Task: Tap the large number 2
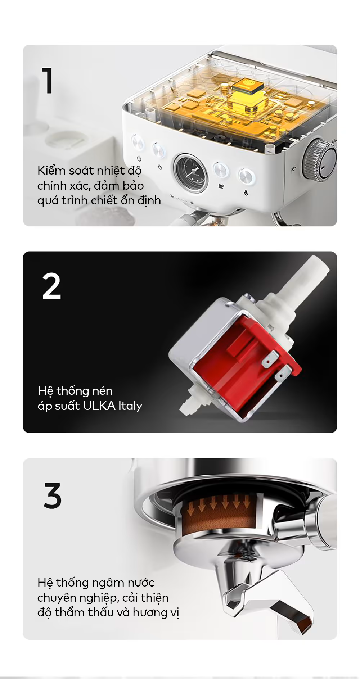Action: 51,286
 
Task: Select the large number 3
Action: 53,495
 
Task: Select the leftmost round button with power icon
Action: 138,142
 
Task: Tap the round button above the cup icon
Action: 220,169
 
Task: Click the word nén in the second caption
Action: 102,391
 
